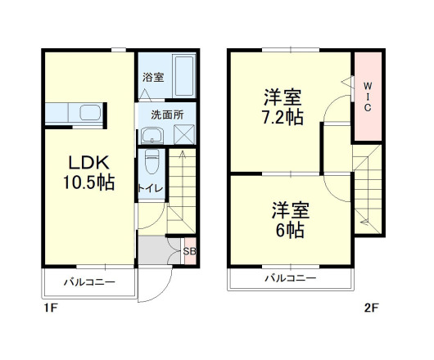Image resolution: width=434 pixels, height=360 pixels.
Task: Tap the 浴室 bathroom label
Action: click(x=153, y=78)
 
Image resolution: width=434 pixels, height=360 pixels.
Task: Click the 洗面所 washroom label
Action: click(x=165, y=115)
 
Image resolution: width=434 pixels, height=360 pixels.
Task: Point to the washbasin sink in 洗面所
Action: click(x=154, y=133)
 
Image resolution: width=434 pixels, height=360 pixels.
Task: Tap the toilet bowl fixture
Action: click(x=151, y=164)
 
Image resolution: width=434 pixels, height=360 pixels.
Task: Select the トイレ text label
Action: click(x=151, y=188)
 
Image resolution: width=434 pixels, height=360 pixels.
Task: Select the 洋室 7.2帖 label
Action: click(x=283, y=106)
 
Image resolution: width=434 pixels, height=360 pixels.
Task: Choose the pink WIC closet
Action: click(x=367, y=96)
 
